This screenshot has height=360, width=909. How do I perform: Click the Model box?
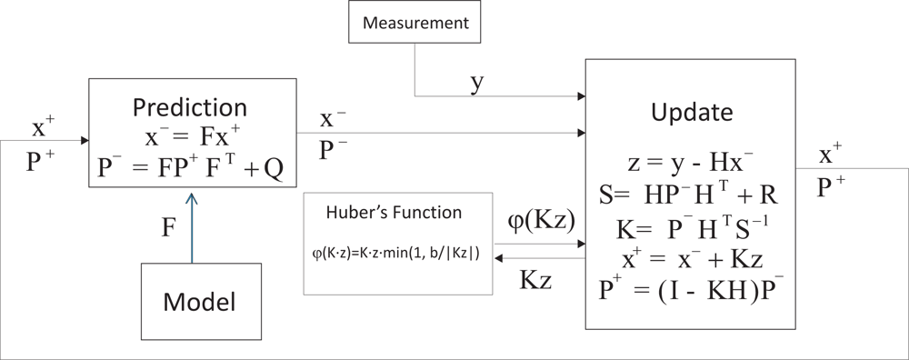pos(192,302)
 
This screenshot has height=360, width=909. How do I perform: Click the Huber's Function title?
pos(394,213)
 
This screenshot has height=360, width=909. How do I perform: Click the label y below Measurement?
pos(476,82)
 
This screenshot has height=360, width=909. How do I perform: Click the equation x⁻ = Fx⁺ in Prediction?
pos(192,137)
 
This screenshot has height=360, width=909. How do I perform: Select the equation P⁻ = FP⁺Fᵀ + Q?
pos(192,169)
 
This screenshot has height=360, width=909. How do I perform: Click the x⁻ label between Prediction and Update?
pos(332,118)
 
